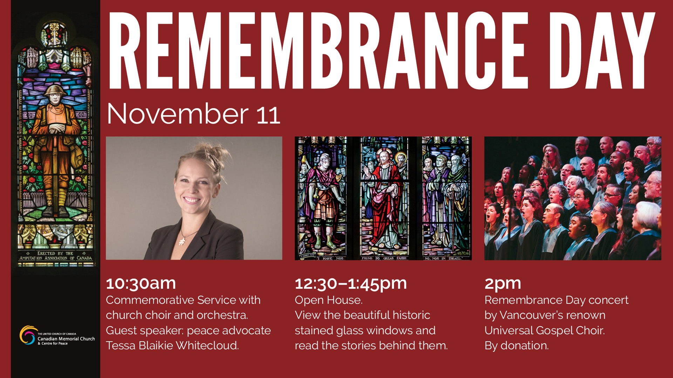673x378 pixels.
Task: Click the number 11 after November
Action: point(268,115)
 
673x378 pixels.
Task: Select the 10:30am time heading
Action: point(141,283)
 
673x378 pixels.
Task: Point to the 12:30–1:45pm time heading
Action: point(351,283)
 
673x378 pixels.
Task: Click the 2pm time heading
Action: point(503,284)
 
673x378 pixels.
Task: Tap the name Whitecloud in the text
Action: point(207,345)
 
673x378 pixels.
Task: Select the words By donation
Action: point(517,346)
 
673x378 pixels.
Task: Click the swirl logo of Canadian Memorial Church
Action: point(28,335)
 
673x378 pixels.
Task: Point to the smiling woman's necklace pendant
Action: point(182,241)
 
